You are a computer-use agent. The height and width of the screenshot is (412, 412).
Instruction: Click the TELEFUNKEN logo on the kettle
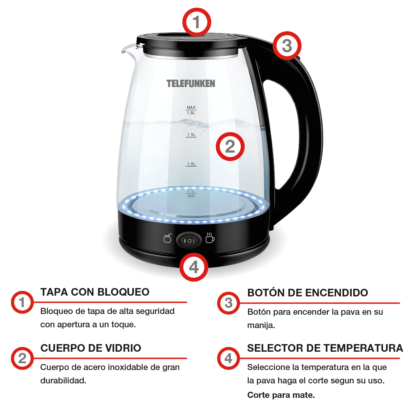pyautogui.click(x=191, y=84)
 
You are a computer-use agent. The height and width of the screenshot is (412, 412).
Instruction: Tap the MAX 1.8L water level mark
pyautogui.click(x=191, y=110)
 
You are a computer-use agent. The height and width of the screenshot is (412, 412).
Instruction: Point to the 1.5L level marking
pyautogui.click(x=191, y=135)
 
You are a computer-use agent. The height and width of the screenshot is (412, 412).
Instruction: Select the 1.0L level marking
pyautogui.click(x=191, y=164)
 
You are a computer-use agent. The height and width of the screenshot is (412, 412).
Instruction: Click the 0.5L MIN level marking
pyautogui.click(x=191, y=194)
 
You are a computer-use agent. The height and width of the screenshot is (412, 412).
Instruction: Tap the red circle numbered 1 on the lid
pyautogui.click(x=197, y=22)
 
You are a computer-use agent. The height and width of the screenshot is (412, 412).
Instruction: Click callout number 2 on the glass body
pyautogui.click(x=230, y=146)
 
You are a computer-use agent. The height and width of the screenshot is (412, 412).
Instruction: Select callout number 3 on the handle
pyautogui.click(x=287, y=46)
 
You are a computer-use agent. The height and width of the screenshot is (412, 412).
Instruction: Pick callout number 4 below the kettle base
pyautogui.click(x=194, y=267)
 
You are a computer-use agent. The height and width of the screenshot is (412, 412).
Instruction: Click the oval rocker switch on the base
pyautogui.click(x=189, y=240)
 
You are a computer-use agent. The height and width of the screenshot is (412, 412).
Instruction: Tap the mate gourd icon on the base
pyautogui.click(x=167, y=238)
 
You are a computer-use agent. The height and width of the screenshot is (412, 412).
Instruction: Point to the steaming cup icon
pyautogui.click(x=210, y=238)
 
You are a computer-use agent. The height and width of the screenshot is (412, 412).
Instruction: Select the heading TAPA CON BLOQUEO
pyautogui.click(x=95, y=292)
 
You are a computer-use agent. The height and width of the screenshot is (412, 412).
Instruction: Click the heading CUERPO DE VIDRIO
pyautogui.click(x=91, y=348)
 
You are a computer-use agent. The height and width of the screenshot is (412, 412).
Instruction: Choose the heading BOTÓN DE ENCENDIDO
pyautogui.click(x=307, y=293)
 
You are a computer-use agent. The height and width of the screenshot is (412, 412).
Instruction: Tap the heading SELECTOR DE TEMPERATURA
pyautogui.click(x=325, y=348)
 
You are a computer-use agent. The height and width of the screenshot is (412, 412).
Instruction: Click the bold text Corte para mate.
pyautogui.click(x=281, y=395)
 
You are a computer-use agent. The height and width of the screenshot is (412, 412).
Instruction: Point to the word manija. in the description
pyautogui.click(x=261, y=325)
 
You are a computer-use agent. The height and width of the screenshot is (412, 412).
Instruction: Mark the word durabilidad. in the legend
pyautogui.click(x=63, y=380)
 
